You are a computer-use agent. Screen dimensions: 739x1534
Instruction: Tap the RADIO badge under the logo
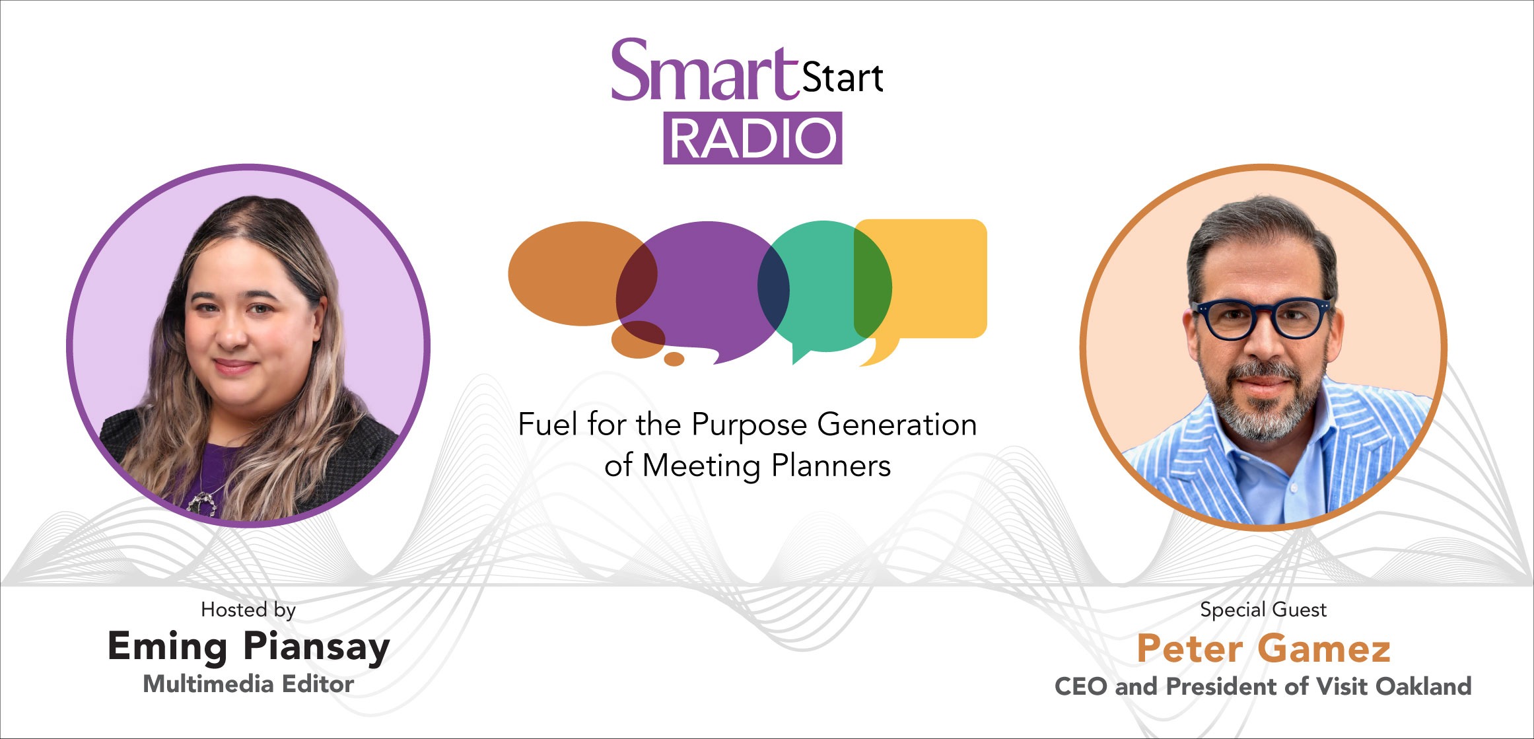click(753, 138)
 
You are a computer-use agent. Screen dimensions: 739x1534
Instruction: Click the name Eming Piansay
click(248, 647)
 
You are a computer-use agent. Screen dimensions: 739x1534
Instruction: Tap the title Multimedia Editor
click(248, 684)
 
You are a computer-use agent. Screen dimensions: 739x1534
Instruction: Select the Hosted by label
click(248, 610)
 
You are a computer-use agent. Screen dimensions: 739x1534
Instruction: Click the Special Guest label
click(1263, 610)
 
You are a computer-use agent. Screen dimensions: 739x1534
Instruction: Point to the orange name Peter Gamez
click(1263, 649)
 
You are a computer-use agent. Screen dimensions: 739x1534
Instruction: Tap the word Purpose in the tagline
click(750, 425)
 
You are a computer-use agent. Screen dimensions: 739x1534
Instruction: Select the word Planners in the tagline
click(831, 466)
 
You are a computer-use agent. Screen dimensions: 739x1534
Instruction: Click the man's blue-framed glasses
click(1261, 318)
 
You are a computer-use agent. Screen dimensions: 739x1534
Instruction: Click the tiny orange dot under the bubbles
click(674, 359)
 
